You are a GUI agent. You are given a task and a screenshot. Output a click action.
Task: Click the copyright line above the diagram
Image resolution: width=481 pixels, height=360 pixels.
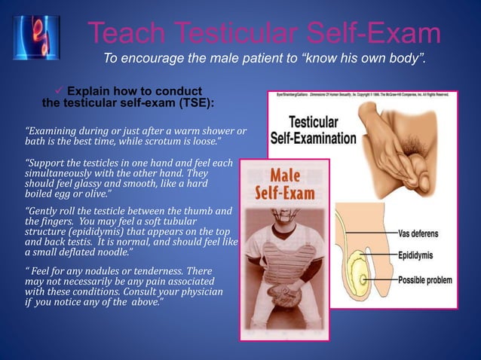(x=362, y=94)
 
